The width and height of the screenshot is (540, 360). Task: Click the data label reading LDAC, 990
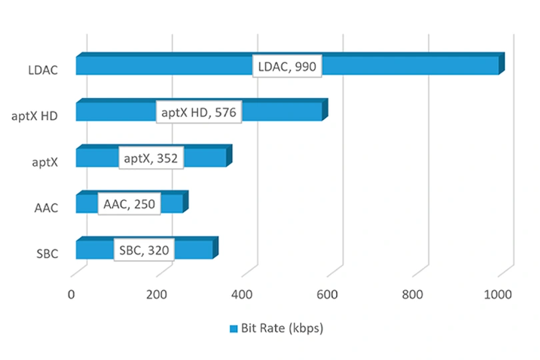pyautogui.click(x=287, y=65)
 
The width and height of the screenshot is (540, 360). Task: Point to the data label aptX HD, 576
pyautogui.click(x=198, y=111)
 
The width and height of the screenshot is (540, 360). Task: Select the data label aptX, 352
pyautogui.click(x=151, y=158)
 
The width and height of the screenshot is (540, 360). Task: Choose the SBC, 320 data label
pyautogui.click(x=144, y=250)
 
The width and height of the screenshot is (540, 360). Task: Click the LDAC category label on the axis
pyautogui.click(x=43, y=69)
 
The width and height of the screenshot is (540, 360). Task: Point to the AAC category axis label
pyautogui.click(x=45, y=208)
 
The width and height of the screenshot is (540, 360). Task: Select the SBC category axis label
pyautogui.click(x=46, y=254)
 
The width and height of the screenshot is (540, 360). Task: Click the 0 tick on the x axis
pyautogui.click(x=71, y=295)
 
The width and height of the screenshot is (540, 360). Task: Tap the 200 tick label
pyautogui.click(x=157, y=295)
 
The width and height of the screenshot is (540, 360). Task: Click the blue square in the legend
pyautogui.click(x=233, y=329)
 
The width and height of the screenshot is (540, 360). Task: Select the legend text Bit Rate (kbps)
pyautogui.click(x=282, y=329)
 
